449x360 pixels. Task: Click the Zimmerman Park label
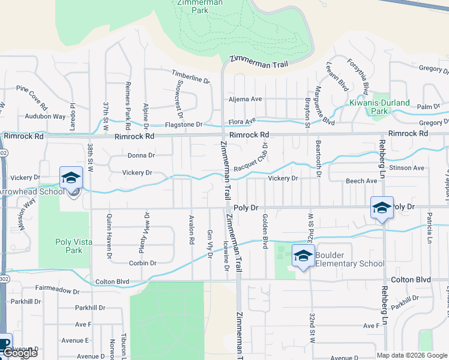pyautogui.click(x=200, y=6)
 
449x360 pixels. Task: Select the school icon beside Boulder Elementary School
pyautogui.click(x=303, y=256)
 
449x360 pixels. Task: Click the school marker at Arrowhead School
pyautogui.click(x=71, y=178)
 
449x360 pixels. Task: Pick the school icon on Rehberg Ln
pyautogui.click(x=382, y=208)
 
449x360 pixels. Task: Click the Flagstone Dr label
pyautogui.click(x=184, y=125)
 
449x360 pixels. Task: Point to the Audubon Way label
pyautogui.click(x=45, y=116)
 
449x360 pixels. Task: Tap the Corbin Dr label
pyautogui.click(x=142, y=263)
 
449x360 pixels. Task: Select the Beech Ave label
pyautogui.click(x=361, y=181)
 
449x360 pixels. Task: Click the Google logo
pyautogui.click(x=20, y=353)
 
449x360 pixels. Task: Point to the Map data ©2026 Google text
pyautogui.click(x=411, y=355)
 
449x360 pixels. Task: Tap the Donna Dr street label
pyautogui.click(x=141, y=155)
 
